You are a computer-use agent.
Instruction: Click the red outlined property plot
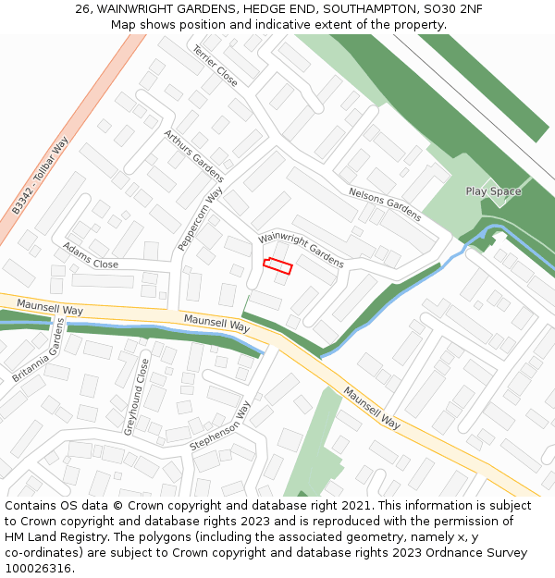[x=277, y=266]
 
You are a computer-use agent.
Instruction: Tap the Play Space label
[x=493, y=191]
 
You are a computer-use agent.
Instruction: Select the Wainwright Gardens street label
[x=301, y=250]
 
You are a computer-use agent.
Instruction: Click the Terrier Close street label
[x=216, y=66]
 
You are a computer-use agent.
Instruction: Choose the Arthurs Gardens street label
[x=194, y=155]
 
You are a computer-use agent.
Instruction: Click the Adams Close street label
[x=91, y=256]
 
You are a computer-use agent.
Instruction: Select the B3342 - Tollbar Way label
[x=41, y=176]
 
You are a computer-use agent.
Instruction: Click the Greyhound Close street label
[x=136, y=397]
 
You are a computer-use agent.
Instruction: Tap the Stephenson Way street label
[x=220, y=426]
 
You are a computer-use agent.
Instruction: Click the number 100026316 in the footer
[x=37, y=568]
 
